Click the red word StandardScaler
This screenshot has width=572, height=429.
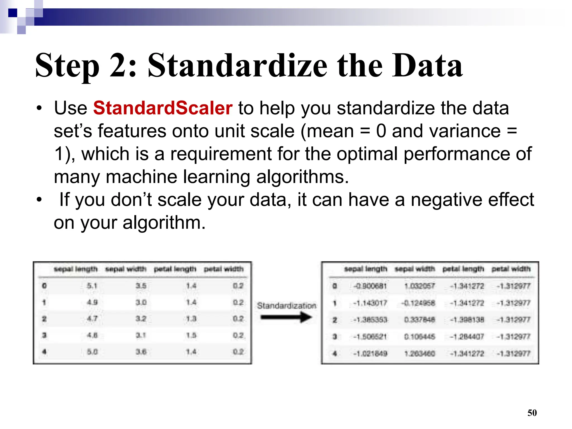coord(163,108)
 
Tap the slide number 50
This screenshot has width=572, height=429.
coord(532,413)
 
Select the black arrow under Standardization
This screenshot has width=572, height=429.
coord(286,317)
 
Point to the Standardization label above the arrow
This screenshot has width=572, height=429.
coord(287,306)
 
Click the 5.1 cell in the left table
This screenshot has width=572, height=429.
coord(92,286)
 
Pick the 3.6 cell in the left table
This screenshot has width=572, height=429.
coord(141,352)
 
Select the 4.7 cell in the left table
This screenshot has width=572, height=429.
coord(92,319)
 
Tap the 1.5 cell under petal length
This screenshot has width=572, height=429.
coord(191,335)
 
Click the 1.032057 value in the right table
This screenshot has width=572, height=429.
coord(420,286)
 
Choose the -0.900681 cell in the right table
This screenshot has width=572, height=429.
coord(370,286)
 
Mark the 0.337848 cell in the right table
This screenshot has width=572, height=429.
coord(420,320)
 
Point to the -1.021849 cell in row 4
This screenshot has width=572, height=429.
coord(370,354)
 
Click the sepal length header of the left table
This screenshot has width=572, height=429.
coord(76,269)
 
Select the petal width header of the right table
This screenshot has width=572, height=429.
coord(511,269)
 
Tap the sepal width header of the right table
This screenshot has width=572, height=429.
coord(415,269)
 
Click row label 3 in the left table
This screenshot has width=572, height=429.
coord(44,335)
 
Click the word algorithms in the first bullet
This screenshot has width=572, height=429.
coord(302,177)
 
